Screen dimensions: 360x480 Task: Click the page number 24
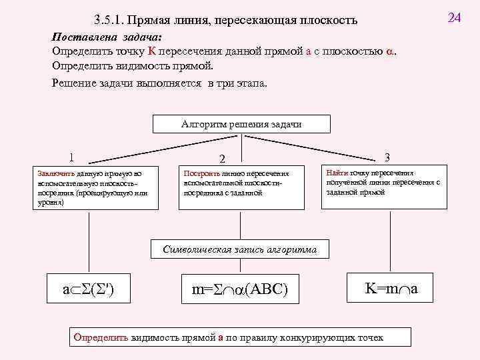(x=455, y=17)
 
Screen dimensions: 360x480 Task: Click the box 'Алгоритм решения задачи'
(x=232, y=125)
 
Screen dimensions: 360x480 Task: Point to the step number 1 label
(x=71, y=158)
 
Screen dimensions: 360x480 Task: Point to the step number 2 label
(x=223, y=159)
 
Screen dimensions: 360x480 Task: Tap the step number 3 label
(x=387, y=157)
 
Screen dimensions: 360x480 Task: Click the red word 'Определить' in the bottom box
(x=101, y=337)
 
